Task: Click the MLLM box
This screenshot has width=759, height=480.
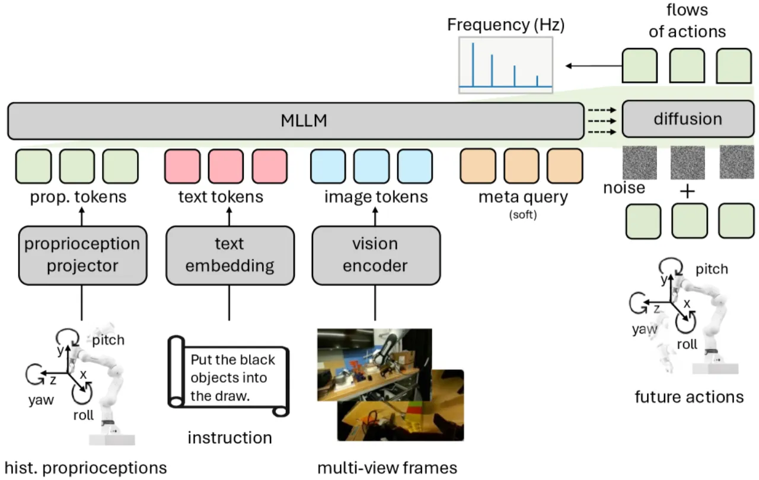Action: coord(296,121)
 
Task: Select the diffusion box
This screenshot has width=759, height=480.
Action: coord(688,119)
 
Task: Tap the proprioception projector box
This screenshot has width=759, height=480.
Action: coord(82,255)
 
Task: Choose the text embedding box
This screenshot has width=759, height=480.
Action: coord(229,255)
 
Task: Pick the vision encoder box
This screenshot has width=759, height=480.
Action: coord(376,255)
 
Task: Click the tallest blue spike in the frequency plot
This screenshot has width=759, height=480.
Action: coord(473,65)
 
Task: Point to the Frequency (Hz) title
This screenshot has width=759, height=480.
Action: coord(506,25)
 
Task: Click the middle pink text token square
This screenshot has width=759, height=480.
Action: coord(226,167)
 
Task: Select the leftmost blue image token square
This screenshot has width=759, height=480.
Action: coord(328,167)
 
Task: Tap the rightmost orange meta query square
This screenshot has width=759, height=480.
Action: coord(565,166)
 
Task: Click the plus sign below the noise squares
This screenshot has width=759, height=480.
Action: coord(687,191)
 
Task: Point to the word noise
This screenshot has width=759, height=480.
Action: coord(624,188)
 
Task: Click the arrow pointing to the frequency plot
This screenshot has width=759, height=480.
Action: coord(594,66)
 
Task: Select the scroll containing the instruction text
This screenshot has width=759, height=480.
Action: coord(228,376)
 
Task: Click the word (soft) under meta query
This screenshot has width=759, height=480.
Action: coord(523,215)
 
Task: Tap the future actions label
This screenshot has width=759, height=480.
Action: coord(689,397)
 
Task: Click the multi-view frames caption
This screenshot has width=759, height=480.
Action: coord(387,468)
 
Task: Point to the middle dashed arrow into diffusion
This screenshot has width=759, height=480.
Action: coord(602,121)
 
